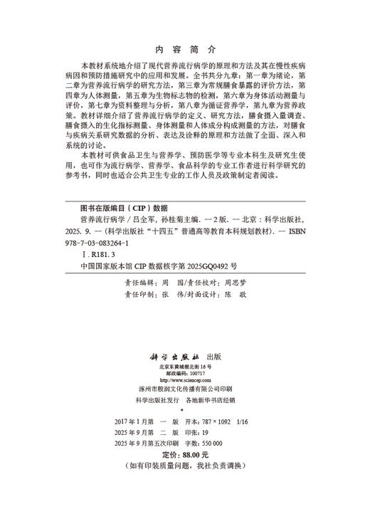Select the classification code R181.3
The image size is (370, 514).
[x=100, y=253]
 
